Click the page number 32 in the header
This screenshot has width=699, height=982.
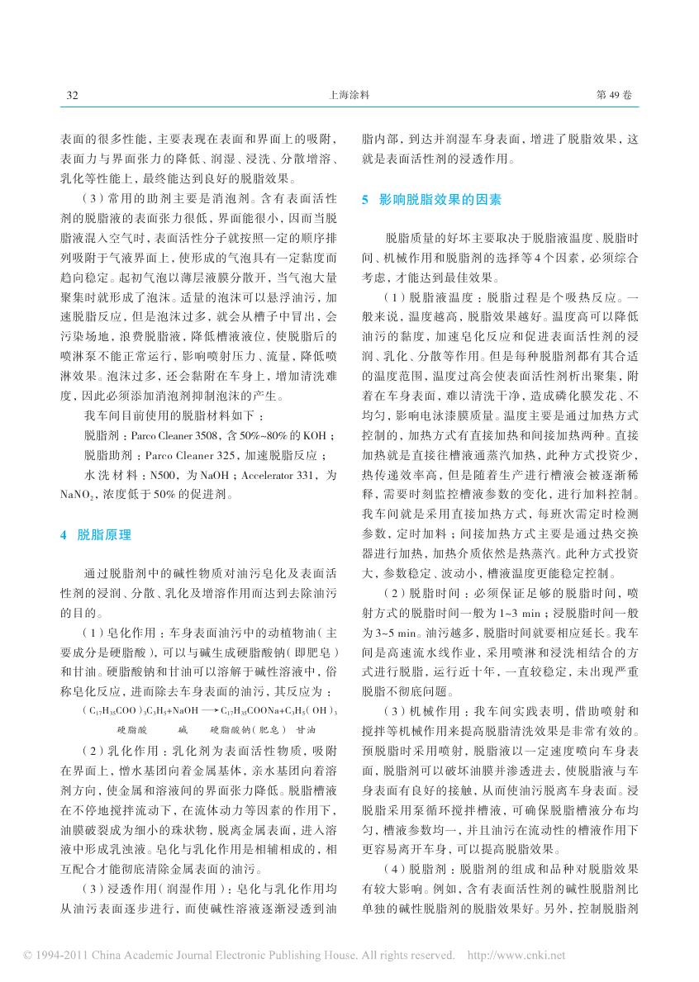point(71,96)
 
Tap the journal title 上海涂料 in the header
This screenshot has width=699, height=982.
point(349,96)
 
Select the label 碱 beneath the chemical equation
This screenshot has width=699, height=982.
point(183,730)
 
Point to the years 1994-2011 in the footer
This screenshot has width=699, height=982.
point(54,956)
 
